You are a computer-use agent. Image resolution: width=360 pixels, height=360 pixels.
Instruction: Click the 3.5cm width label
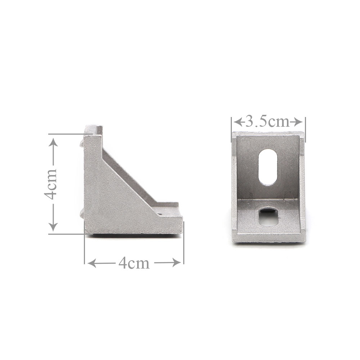click(267, 121)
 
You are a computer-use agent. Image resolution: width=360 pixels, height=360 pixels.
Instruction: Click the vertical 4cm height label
click(50, 184)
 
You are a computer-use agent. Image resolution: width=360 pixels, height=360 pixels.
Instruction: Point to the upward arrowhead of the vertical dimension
click(53, 142)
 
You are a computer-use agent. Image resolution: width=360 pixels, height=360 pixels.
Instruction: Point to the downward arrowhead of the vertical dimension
click(53, 227)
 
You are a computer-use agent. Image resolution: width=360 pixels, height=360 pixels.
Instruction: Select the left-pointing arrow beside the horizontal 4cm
click(101, 263)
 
